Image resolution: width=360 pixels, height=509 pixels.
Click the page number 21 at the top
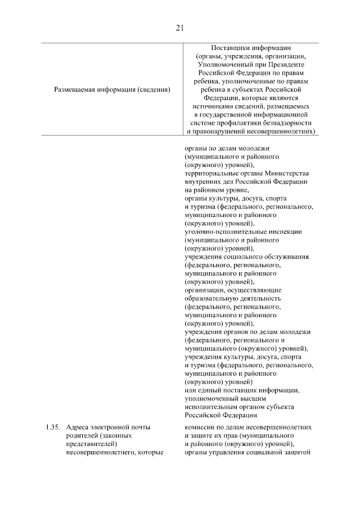pos(180,28)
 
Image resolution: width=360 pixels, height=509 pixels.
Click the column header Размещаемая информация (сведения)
pos(112,89)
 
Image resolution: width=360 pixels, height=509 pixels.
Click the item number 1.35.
pos(53,427)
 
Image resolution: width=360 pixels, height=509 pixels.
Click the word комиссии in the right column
pos(199,427)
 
